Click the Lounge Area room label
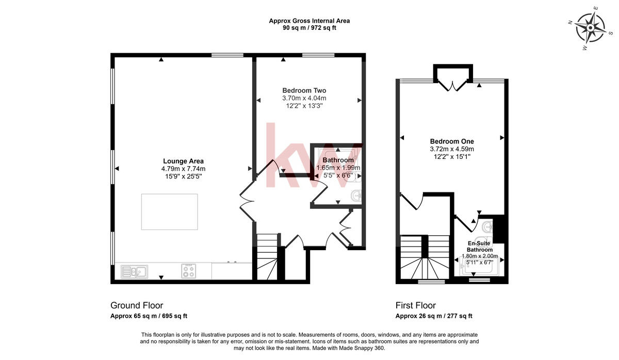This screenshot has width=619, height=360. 183,160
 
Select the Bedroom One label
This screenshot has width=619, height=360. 452,141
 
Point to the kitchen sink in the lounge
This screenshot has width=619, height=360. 134,271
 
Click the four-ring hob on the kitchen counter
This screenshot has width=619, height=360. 188,271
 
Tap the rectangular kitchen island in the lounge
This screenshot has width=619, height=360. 169,211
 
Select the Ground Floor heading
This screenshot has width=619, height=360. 137,305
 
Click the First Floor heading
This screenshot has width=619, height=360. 415,305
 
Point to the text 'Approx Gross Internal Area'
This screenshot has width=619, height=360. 309,21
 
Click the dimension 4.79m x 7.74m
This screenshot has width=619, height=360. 183,169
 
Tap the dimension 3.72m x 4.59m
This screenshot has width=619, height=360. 452,149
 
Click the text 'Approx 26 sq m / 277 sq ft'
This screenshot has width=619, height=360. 434,316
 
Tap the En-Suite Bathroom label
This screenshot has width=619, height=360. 480,247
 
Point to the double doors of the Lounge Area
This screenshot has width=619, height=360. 247,200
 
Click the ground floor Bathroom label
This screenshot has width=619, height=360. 338,160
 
